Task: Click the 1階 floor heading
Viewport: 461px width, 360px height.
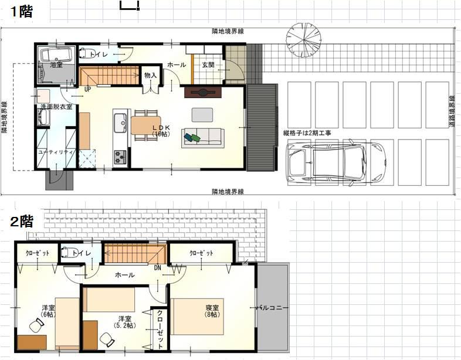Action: pos(22,12)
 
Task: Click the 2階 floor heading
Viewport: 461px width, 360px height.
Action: pos(22,222)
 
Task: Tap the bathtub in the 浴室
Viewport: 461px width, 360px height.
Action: pos(55,55)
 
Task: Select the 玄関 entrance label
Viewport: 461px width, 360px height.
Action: pos(208,64)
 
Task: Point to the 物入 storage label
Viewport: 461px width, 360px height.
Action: pos(150,75)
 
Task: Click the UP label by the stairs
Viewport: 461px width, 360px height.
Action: pos(87,89)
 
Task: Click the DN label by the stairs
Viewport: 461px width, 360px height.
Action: pos(158,267)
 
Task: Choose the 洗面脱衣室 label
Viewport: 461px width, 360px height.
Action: pos(56,107)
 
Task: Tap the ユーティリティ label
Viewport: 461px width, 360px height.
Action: pos(56,152)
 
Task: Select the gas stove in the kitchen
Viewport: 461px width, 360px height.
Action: pos(120,157)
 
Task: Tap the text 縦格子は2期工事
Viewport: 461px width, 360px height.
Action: pos(307,134)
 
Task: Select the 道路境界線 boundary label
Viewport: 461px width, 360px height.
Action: pos(452,111)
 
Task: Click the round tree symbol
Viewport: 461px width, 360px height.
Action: pos(304,38)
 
